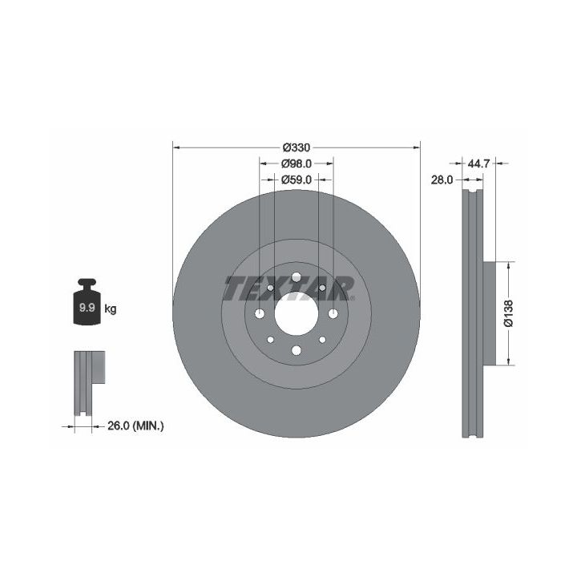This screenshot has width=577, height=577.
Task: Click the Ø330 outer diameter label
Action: [297, 147]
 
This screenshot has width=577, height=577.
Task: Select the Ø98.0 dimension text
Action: [297, 163]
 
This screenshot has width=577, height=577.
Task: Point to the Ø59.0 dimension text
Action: [297, 180]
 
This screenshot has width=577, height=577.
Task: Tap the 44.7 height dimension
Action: [478, 163]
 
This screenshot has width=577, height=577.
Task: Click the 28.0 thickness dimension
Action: [442, 180]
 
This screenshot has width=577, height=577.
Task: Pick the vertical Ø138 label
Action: [509, 313]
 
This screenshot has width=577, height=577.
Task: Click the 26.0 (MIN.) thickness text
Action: [135, 426]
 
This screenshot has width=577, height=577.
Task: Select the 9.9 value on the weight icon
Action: [87, 308]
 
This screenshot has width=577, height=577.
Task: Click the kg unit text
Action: [111, 309]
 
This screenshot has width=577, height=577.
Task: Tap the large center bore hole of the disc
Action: [297, 313]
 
